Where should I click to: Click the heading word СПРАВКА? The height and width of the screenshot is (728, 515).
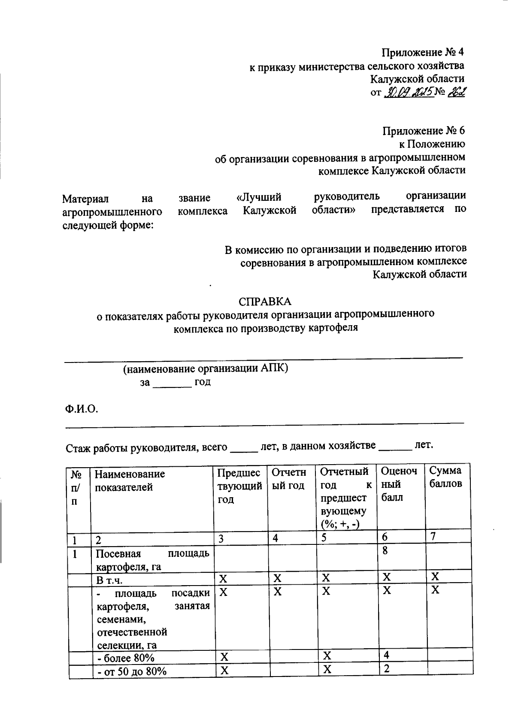pos(265,301)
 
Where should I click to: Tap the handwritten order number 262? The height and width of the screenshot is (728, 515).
pos(456,92)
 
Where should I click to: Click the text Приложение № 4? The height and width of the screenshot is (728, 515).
pos(423,52)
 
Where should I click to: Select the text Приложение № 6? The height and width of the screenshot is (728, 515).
pos(423,131)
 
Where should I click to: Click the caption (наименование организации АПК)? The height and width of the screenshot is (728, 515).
pos(205,369)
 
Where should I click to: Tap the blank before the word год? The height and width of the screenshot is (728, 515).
pos(172,383)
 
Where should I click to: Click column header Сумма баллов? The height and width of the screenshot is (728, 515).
pos(446,477)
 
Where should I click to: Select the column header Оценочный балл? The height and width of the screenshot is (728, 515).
pos(399,484)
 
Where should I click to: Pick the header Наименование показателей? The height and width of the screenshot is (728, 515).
pos(130,480)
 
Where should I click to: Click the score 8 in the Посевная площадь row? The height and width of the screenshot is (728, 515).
pos(385,550)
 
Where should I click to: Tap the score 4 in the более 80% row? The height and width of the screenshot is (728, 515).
pos(386,655)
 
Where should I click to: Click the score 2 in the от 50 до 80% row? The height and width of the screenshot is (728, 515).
pos(386,669)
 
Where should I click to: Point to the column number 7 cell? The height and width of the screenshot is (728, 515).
pos(433,536)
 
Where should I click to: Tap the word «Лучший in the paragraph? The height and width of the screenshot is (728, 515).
pos(259,197)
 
